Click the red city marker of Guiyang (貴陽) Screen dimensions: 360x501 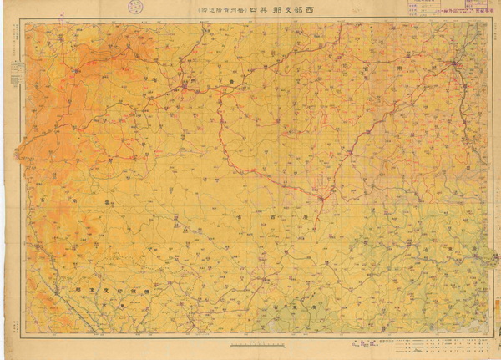click(185, 86)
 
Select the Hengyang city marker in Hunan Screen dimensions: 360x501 click(456, 63)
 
